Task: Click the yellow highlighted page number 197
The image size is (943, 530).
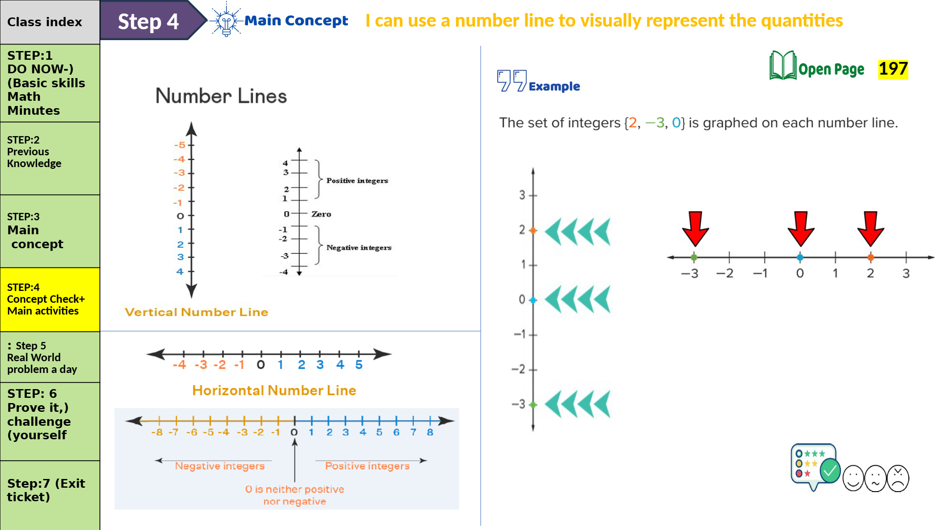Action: [893, 69]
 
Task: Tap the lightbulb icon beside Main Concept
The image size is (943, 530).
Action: [226, 21]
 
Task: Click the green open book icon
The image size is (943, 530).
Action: [783, 66]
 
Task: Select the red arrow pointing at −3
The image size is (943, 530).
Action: [695, 229]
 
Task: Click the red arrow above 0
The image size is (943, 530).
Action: [801, 229]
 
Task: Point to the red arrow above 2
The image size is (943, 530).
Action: [871, 229]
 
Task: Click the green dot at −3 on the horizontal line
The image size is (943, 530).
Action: [694, 257]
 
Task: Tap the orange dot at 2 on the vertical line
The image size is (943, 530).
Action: [533, 230]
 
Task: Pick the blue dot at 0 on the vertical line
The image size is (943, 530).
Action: [533, 300]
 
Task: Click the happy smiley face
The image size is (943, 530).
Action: [853, 478]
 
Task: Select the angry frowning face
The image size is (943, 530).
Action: [898, 478]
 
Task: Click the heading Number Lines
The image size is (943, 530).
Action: [221, 96]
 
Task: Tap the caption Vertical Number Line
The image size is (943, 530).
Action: [196, 312]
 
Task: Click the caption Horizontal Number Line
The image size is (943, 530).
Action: [274, 390]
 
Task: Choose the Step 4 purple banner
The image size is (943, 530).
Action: [148, 21]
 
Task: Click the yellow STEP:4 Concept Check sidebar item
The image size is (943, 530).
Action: [50, 299]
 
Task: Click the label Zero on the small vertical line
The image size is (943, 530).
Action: [321, 214]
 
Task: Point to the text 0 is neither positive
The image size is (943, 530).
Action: [295, 489]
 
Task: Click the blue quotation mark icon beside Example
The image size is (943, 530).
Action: [512, 81]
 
